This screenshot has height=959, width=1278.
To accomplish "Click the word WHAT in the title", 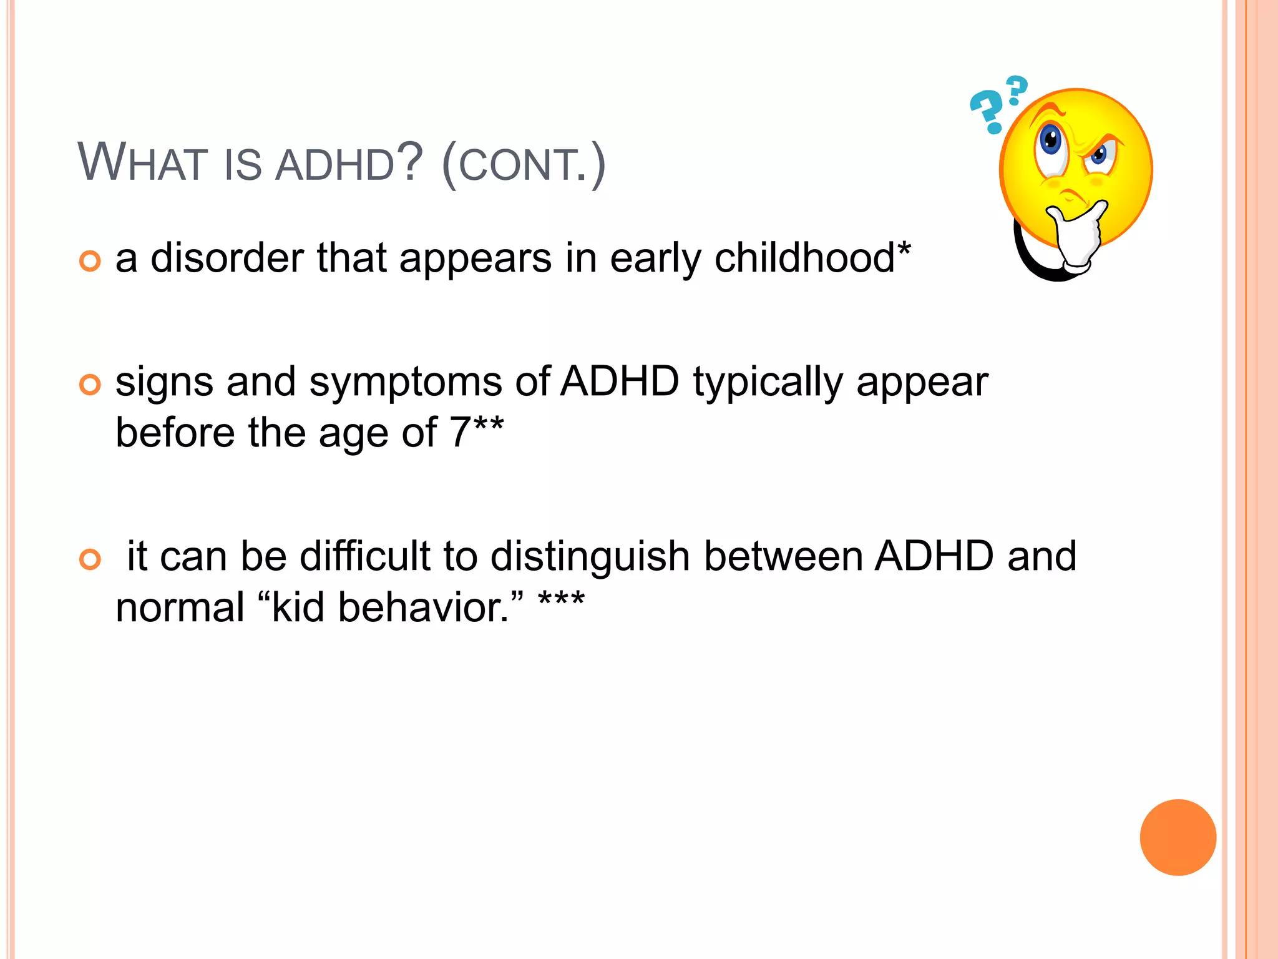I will click(142, 164).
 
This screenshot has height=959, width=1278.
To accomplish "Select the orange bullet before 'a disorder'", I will click(90, 261).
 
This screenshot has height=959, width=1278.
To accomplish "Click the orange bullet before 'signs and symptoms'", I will click(90, 385).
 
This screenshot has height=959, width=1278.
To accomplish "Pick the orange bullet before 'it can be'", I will click(90, 559).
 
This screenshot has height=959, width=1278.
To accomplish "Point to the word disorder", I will click(227, 258).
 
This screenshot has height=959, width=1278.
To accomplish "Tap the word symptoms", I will click(405, 382).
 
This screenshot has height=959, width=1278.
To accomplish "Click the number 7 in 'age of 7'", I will click(460, 432).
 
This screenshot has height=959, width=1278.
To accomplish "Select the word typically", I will click(768, 382).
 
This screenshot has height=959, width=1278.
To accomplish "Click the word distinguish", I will click(590, 556).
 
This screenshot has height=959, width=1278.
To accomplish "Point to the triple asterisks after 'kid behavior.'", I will click(561, 601).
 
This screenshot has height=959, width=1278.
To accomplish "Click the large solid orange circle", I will click(1178, 837).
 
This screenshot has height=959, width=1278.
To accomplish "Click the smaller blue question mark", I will click(1017, 89).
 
